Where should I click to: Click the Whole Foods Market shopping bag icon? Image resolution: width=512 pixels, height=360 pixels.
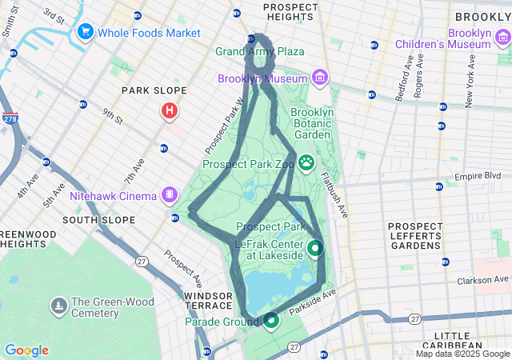pyautogui.click(x=84, y=32)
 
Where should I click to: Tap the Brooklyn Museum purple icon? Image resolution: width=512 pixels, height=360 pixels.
pyautogui.click(x=320, y=78)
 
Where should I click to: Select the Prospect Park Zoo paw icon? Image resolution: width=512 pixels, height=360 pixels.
pyautogui.click(x=306, y=162)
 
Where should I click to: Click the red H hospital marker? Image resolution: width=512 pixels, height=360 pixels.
pyautogui.click(x=169, y=111)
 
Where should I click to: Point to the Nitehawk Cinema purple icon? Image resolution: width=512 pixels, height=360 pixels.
pyautogui.click(x=169, y=194)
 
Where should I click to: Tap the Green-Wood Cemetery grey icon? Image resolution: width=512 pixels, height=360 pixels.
pyautogui.click(x=59, y=306)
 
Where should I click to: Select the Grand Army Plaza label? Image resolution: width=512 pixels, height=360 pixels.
pyautogui.click(x=260, y=51)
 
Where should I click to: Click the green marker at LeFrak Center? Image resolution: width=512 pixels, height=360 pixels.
pyautogui.click(x=314, y=249)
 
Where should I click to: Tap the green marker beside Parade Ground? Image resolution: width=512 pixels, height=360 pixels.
pyautogui.click(x=271, y=321)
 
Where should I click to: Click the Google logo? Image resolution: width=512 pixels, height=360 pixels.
pyautogui.click(x=26, y=350)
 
